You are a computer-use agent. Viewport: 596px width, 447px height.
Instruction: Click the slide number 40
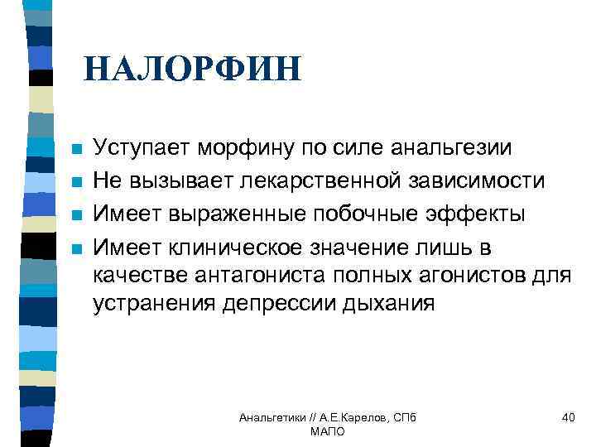pos(568,418)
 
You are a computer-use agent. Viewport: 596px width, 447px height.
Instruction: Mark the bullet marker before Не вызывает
pos(76,182)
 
